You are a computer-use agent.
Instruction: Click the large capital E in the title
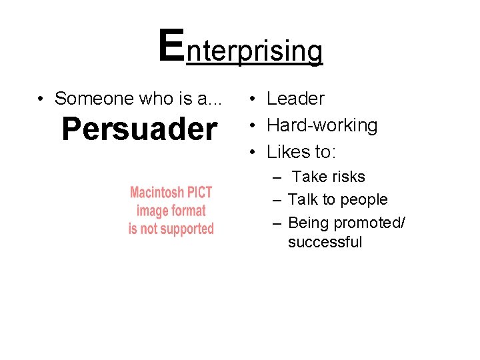[x=172, y=45]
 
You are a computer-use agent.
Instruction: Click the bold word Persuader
[x=139, y=129]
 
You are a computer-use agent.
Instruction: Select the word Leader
[x=295, y=99]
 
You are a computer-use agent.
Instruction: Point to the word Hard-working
[x=322, y=125]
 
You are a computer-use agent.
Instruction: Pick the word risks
[x=347, y=177]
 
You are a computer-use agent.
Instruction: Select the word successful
[x=325, y=242]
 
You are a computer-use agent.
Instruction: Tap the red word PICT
[x=199, y=193]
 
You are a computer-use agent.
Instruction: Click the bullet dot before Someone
[x=41, y=99]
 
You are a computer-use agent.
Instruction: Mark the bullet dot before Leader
[x=253, y=99]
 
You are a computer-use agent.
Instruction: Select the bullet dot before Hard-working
[x=253, y=126]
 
